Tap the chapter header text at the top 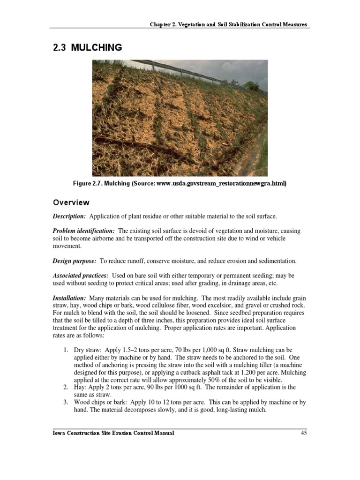229,24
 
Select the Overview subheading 70,203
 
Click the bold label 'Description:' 69,216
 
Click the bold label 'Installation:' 69,298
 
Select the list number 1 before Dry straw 65,350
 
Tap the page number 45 303,433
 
